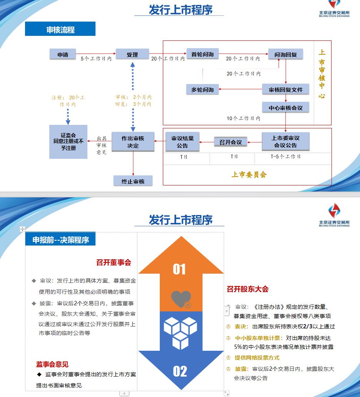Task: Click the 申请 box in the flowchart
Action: (62, 54)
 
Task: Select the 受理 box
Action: (132, 54)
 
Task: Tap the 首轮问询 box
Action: (203, 54)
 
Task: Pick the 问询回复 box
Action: (286, 54)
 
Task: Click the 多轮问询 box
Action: (203, 89)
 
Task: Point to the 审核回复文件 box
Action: (286, 89)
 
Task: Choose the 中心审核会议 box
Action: (286, 108)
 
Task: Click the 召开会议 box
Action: (231, 142)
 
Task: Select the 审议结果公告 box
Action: (183, 142)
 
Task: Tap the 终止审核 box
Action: (133, 181)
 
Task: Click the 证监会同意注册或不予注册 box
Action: (68, 142)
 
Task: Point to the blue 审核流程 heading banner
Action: (60, 29)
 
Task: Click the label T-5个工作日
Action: (285, 156)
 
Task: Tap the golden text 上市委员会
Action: (249, 175)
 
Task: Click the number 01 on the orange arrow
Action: (179, 269)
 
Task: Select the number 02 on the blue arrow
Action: (180, 371)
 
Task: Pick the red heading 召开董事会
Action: (114, 262)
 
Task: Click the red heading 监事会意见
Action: (52, 364)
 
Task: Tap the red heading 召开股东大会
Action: (248, 289)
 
